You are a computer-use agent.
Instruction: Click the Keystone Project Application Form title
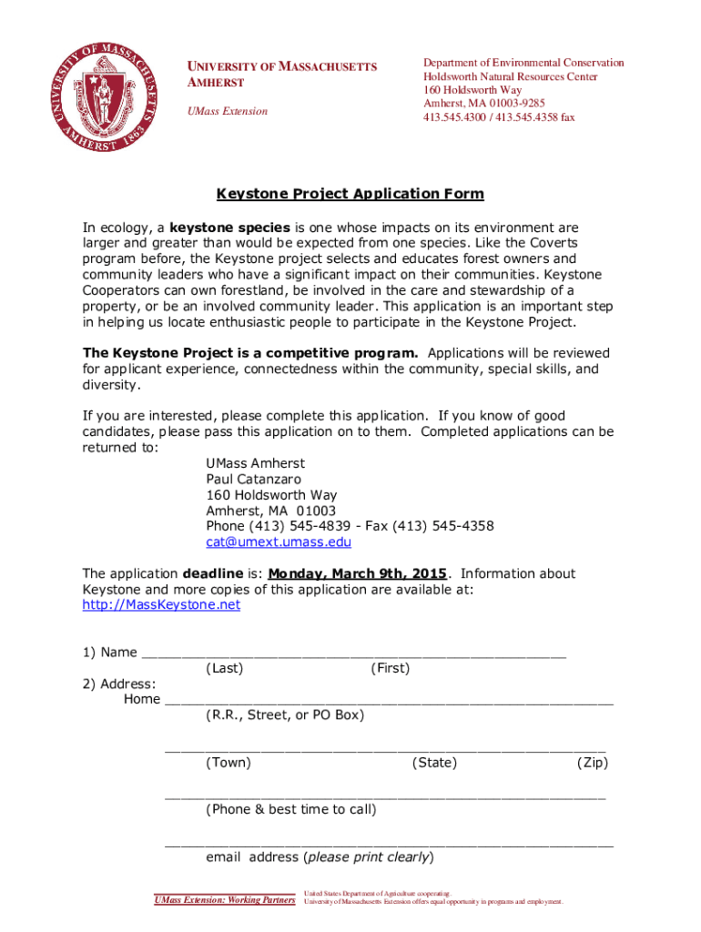(x=350, y=194)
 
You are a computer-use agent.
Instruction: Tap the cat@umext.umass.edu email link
(x=278, y=542)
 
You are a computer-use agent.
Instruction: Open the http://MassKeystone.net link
(x=161, y=604)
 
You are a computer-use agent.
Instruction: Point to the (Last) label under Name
(x=225, y=668)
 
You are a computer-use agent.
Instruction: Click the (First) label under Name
(x=390, y=668)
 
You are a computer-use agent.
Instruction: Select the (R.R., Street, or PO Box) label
(x=285, y=715)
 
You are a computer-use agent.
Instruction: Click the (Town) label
(x=229, y=763)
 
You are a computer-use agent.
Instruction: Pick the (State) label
(x=434, y=763)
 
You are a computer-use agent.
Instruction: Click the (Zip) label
(x=592, y=763)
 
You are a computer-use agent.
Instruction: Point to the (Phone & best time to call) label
(x=290, y=809)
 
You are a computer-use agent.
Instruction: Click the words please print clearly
(x=369, y=857)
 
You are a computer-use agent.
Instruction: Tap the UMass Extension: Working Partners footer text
(x=225, y=900)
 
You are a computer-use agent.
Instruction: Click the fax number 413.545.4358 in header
(x=535, y=117)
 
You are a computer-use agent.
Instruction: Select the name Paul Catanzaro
(x=254, y=479)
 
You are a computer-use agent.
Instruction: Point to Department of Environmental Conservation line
(x=523, y=63)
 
